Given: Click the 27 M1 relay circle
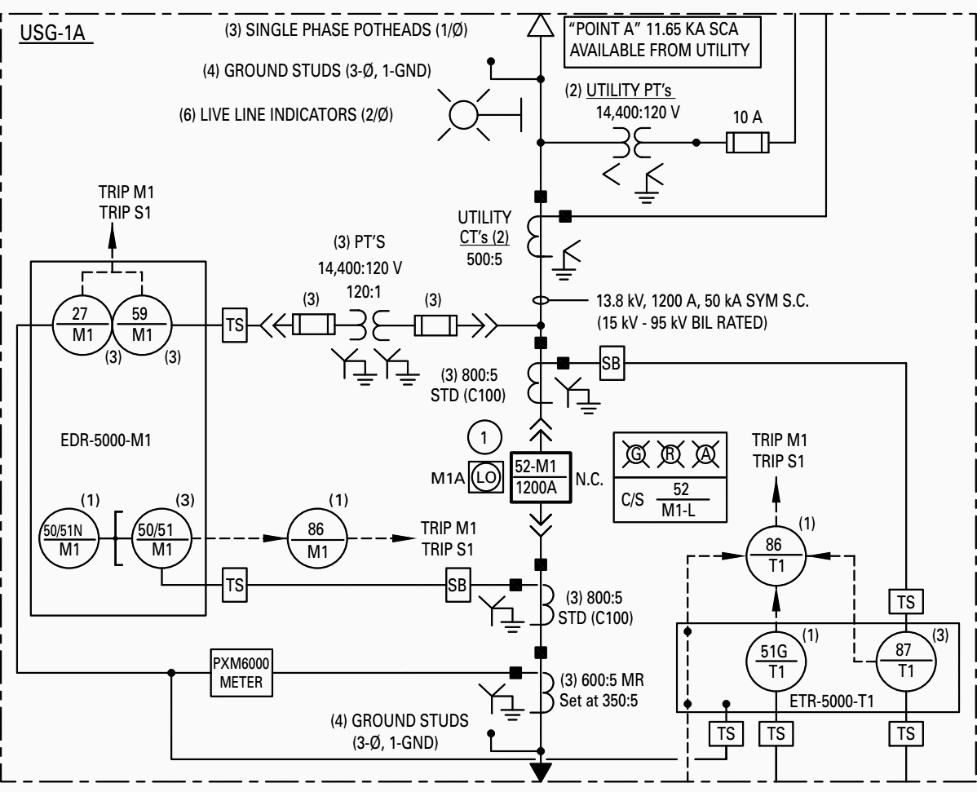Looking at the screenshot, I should click(82, 325).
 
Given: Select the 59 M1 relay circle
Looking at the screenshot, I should click(142, 325).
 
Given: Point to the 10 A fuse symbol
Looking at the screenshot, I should click(747, 144).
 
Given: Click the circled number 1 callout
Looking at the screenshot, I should click(486, 437).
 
